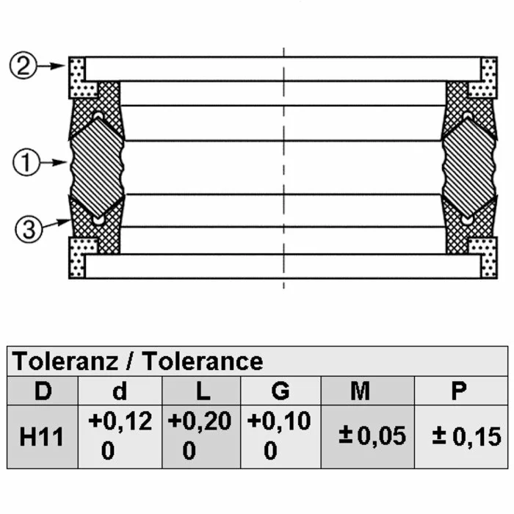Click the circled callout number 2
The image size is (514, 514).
(x=23, y=65)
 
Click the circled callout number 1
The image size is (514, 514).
(x=26, y=162)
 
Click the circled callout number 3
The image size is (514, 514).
(x=29, y=229)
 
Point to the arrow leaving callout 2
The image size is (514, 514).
(x=51, y=66)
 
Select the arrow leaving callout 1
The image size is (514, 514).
(x=54, y=162)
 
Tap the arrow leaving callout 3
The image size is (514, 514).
(x=57, y=223)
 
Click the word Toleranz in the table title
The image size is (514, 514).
(x=65, y=361)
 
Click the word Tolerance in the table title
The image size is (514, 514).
(x=203, y=361)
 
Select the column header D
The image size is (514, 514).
(x=43, y=391)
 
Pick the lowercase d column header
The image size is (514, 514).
(x=120, y=391)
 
